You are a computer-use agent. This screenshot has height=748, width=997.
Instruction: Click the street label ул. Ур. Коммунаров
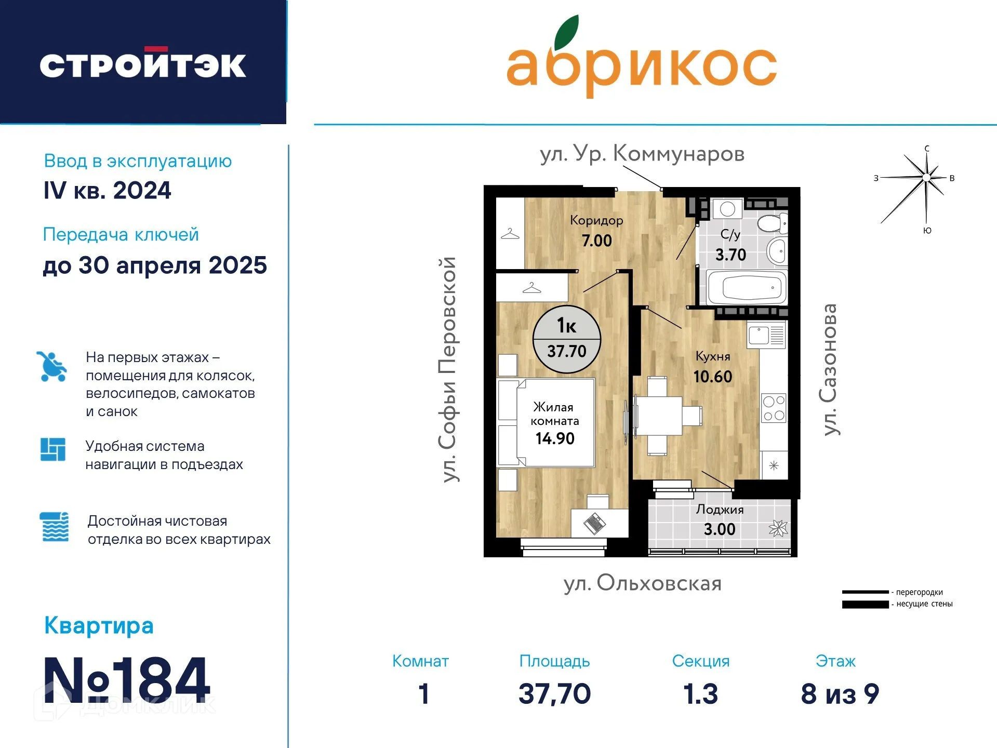point(642,154)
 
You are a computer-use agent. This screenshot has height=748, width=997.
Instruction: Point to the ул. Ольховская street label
point(643,583)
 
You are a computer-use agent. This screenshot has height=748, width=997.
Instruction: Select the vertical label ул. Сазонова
point(830,369)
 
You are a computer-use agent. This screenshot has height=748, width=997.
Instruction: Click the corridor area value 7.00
point(597,241)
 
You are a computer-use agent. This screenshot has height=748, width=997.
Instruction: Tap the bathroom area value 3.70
point(730,255)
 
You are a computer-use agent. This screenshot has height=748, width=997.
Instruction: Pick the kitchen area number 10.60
point(713,377)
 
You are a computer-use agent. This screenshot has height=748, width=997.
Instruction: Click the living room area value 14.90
point(555,438)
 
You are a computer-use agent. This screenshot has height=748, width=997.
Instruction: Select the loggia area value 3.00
point(720,529)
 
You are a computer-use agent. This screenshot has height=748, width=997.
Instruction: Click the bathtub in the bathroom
point(747,287)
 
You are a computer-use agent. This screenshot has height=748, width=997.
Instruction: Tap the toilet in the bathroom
point(773,224)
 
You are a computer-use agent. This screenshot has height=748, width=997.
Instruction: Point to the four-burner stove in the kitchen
point(774,408)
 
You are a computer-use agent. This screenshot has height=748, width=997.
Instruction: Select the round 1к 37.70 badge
point(567,339)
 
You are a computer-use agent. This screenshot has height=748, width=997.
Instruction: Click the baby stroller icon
point(51,366)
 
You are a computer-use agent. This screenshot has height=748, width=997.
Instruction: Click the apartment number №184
point(127,680)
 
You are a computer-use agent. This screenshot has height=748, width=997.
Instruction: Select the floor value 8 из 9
point(840,694)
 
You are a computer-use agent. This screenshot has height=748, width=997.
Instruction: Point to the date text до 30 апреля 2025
point(155,265)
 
